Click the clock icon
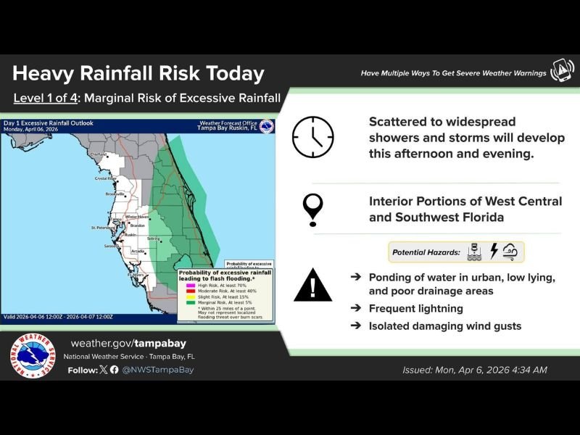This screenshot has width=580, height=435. click(x=313, y=137)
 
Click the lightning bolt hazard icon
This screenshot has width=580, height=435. click(x=494, y=252)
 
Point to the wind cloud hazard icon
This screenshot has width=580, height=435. click(x=512, y=252)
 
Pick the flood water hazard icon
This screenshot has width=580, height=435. click(x=476, y=252)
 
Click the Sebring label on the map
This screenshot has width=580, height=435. click(x=153, y=239)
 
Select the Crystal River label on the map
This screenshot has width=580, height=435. click(x=107, y=178)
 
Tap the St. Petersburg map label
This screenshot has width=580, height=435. click(x=102, y=228)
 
